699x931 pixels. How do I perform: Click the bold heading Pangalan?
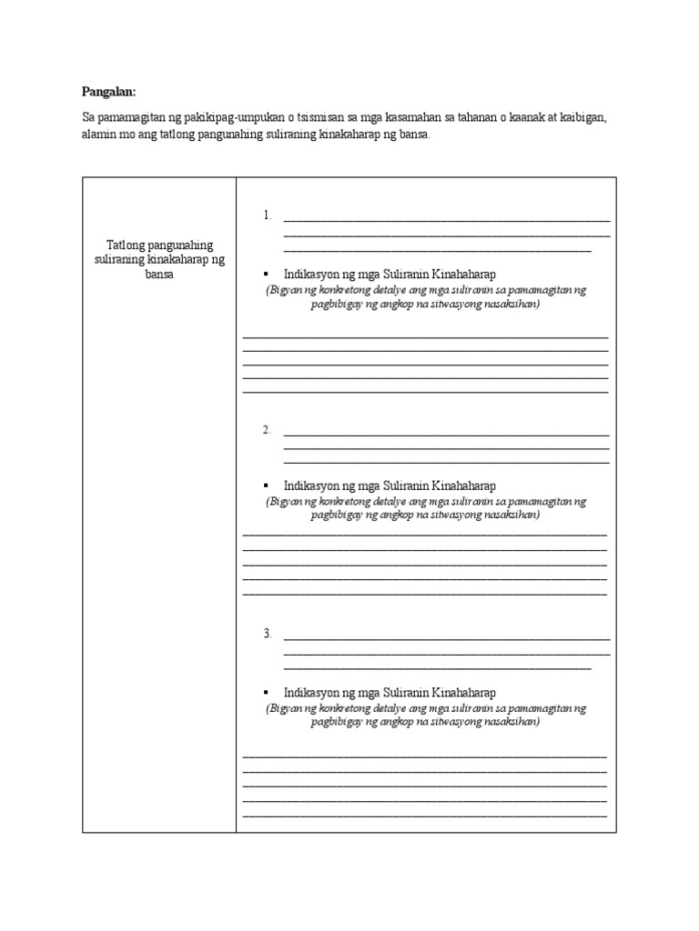pos(107,92)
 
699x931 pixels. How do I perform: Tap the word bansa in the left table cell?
pos(158,274)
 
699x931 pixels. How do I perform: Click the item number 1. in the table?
pos(268,215)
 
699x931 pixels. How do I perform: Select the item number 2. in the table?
pos(268,430)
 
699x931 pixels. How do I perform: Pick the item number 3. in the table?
pos(268,634)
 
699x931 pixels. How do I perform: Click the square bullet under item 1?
pos(265,274)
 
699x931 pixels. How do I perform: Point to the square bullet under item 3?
pos(265,693)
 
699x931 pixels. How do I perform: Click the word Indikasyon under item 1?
pos(311,274)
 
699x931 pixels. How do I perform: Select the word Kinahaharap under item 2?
pos(464,486)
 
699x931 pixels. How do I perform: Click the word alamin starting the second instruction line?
pos(98,135)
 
